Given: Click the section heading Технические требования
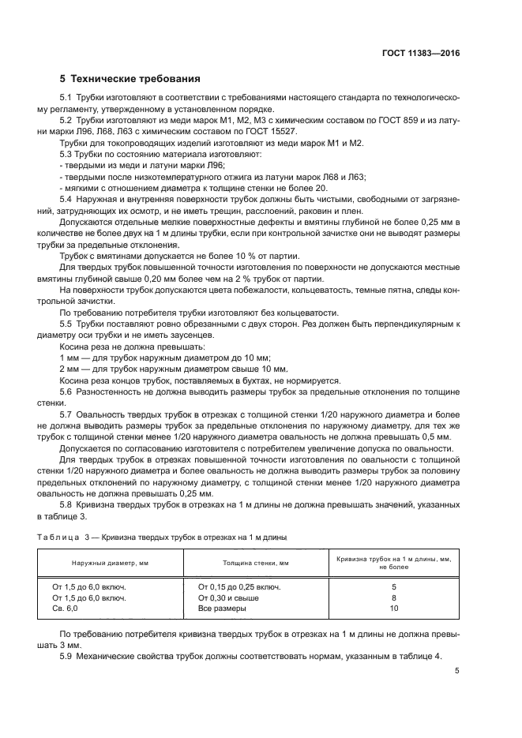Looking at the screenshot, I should tap(134, 79).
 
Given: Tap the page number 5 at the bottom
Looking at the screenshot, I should tap(456, 671).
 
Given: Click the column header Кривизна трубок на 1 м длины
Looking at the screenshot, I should tap(393, 559).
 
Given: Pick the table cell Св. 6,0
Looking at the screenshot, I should tap(66, 609).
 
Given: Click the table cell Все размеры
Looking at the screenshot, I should tap(222, 609).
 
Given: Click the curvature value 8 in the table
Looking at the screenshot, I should tap(393, 598).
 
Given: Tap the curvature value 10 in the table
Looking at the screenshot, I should tap(393, 609).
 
